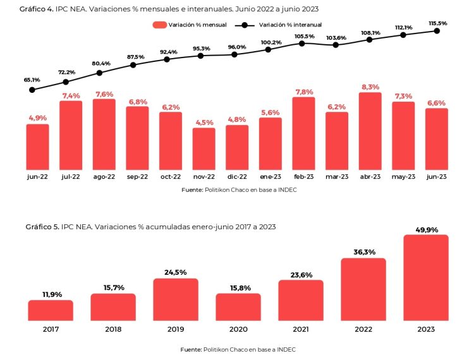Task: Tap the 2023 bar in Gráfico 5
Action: tap(425, 278)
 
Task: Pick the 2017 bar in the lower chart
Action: tap(51, 310)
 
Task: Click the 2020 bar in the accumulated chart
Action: tap(238, 307)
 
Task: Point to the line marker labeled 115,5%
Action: tap(437, 30)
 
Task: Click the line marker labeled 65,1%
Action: tap(32, 90)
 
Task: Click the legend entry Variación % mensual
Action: tap(195, 25)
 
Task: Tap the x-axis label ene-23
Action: tap(270, 177)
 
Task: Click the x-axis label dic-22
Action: tap(237, 177)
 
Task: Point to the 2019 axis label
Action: tap(176, 330)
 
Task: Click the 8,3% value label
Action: tap(370, 87)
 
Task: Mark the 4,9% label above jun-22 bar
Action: tap(38, 118)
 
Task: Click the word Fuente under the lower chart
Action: tap(191, 349)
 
